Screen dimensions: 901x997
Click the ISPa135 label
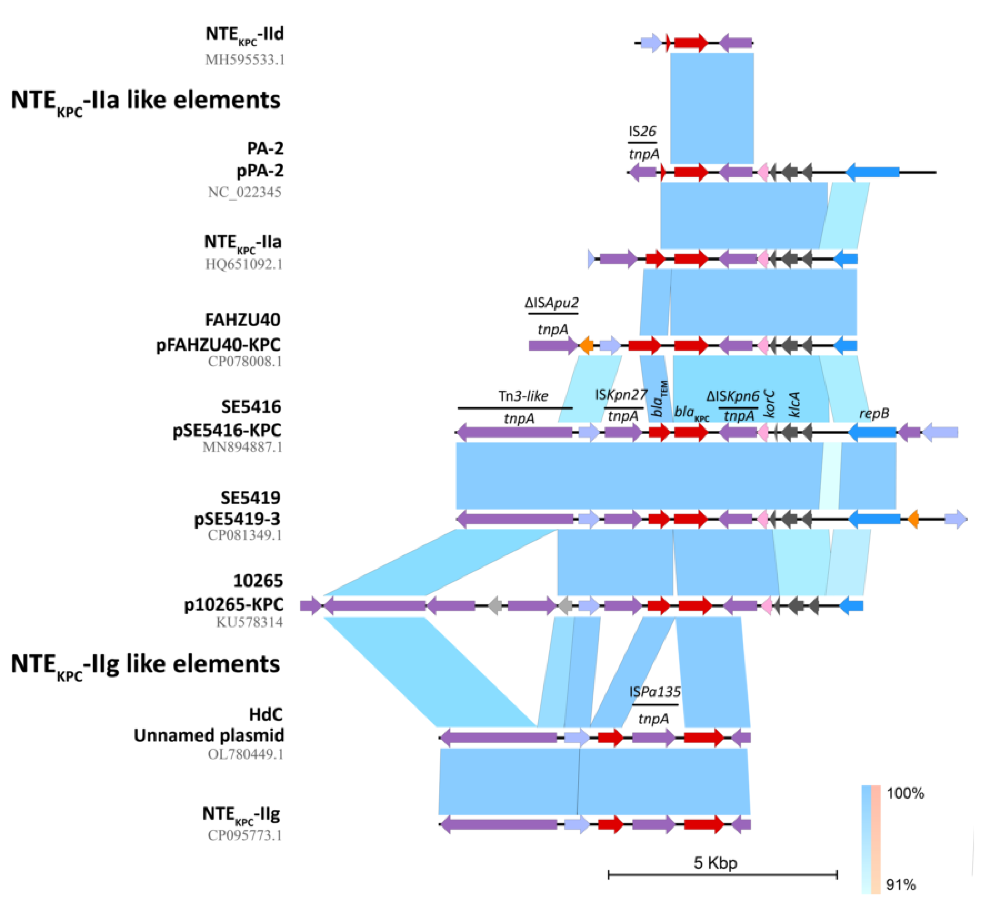[655, 691]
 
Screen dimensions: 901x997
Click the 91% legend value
[901, 885]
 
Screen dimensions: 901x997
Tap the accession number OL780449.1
[245, 755]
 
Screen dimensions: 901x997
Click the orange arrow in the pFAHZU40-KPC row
[586, 345]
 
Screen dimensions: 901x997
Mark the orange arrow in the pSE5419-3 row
[913, 519]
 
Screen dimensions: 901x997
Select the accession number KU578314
[249, 622]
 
